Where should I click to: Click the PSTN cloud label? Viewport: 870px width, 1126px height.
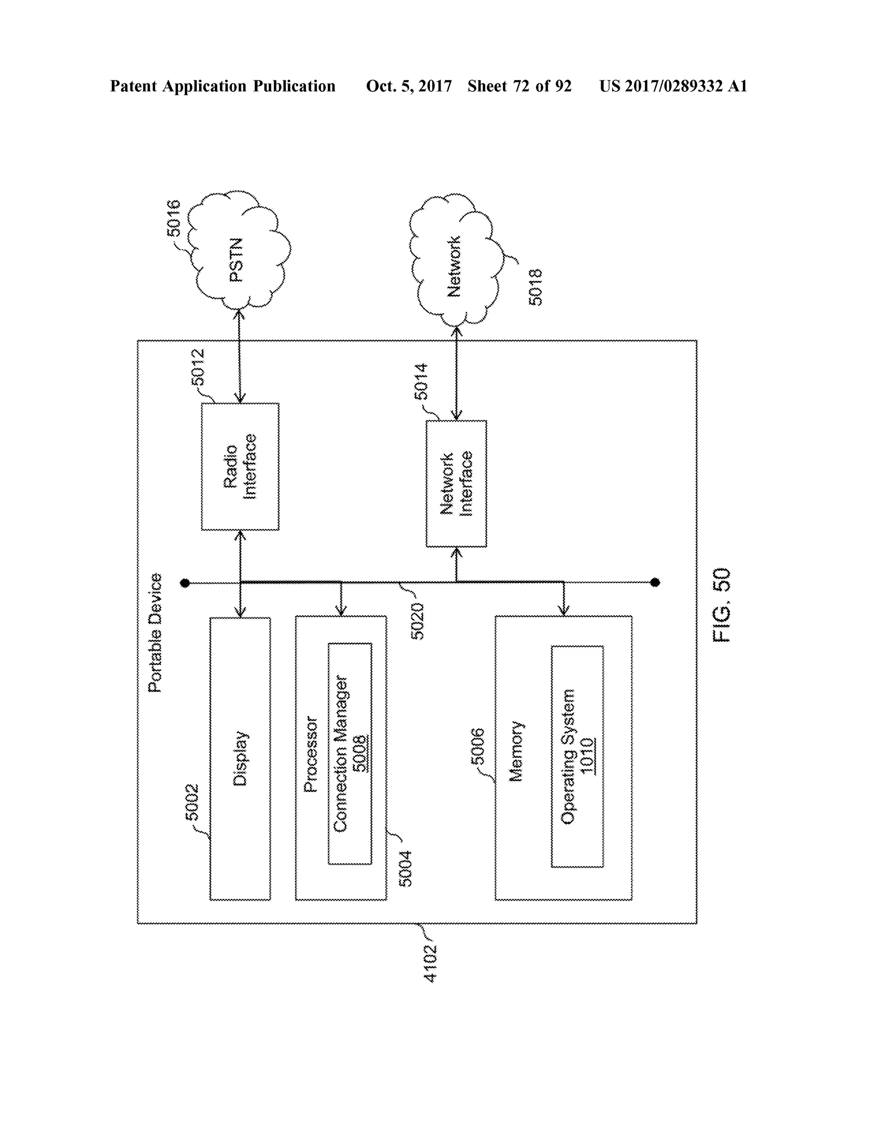(x=236, y=260)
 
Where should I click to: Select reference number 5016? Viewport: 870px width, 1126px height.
(x=174, y=218)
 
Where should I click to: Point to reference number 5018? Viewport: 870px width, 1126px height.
(x=536, y=287)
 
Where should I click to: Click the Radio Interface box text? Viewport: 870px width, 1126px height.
(x=240, y=467)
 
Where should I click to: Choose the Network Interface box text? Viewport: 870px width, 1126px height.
(x=456, y=484)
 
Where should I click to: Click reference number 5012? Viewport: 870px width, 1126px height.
(x=198, y=367)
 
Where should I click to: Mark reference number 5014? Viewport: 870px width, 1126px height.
(x=421, y=382)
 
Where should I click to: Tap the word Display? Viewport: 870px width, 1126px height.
(x=240, y=758)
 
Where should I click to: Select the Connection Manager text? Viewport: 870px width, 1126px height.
(x=341, y=754)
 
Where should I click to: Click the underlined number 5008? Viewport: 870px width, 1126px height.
(x=360, y=753)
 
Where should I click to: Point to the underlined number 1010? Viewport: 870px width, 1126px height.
(x=587, y=756)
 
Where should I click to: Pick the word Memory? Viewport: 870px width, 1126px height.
(x=516, y=751)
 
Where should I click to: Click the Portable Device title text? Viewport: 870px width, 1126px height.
(x=155, y=633)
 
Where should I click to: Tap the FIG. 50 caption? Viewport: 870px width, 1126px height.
(x=722, y=605)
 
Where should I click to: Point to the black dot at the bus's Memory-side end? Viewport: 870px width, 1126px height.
(x=655, y=583)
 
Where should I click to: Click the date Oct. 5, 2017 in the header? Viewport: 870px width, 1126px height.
(x=409, y=86)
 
